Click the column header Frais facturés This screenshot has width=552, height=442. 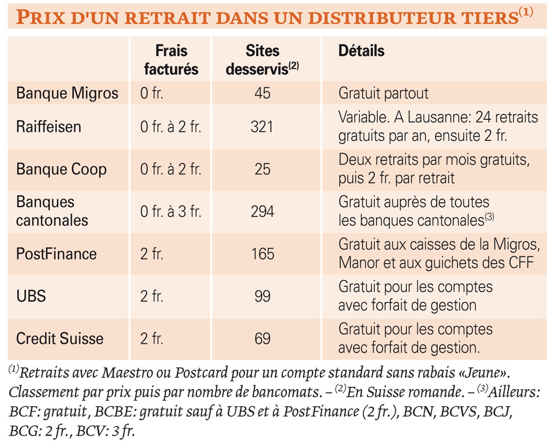171,60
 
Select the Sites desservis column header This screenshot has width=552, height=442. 262,60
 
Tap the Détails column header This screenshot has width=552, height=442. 361,51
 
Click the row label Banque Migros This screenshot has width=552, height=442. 67,93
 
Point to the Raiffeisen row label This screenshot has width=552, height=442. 49,127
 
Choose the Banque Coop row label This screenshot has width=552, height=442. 61,169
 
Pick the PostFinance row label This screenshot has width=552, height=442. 56,254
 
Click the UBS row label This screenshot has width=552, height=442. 31,296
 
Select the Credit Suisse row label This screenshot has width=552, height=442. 60,339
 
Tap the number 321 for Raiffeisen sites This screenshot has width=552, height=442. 262,127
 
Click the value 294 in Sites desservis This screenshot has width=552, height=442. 262,211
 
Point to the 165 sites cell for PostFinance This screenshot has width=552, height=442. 263,254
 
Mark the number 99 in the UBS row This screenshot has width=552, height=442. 263,296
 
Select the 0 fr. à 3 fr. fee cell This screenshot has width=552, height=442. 171,211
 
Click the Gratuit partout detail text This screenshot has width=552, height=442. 384,93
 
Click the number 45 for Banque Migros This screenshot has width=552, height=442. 263,93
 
